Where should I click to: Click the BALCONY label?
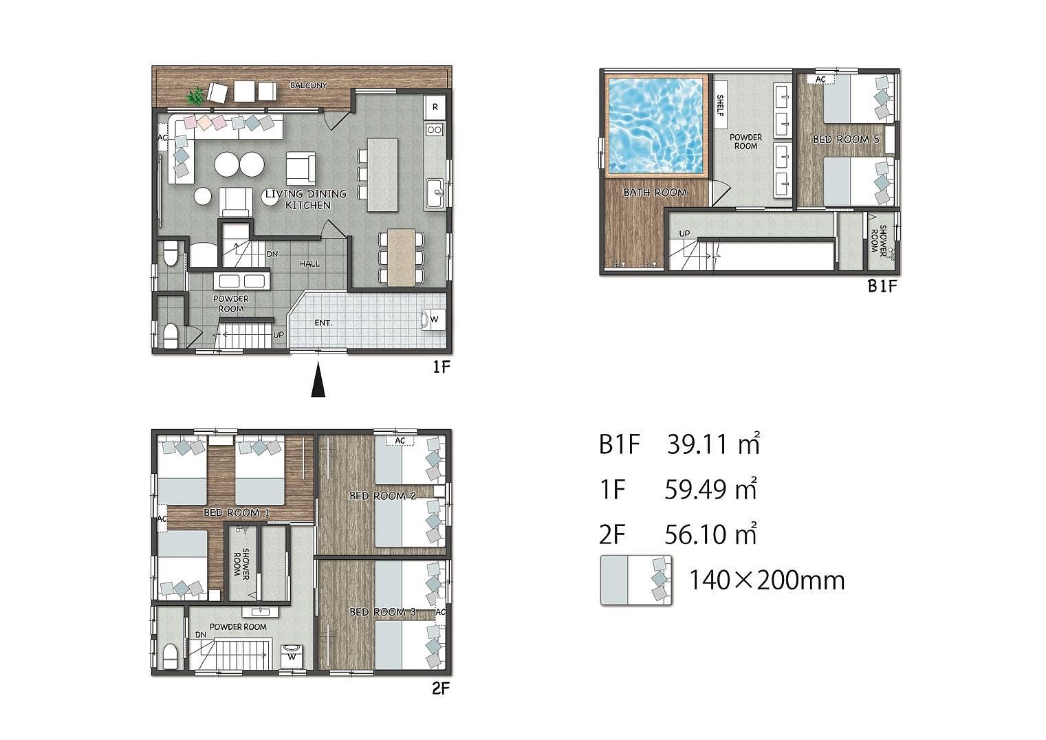click(309, 85)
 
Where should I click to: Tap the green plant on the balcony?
click(195, 97)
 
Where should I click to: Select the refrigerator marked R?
click(435, 107)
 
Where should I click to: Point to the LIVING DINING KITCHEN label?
click(306, 199)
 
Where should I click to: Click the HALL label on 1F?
click(309, 264)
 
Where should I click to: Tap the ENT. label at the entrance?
click(323, 323)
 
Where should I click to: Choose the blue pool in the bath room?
click(656, 126)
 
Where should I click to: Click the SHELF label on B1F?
click(720, 105)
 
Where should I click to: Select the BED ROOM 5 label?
click(846, 139)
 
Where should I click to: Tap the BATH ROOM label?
click(655, 193)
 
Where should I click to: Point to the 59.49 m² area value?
click(710, 489)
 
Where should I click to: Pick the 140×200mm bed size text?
click(767, 580)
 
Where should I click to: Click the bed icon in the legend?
click(636, 580)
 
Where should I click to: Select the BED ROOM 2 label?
click(383, 496)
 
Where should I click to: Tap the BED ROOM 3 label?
click(383, 611)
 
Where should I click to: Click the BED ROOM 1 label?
click(237, 512)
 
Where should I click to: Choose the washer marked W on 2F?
click(292, 657)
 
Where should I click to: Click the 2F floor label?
click(440, 688)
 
